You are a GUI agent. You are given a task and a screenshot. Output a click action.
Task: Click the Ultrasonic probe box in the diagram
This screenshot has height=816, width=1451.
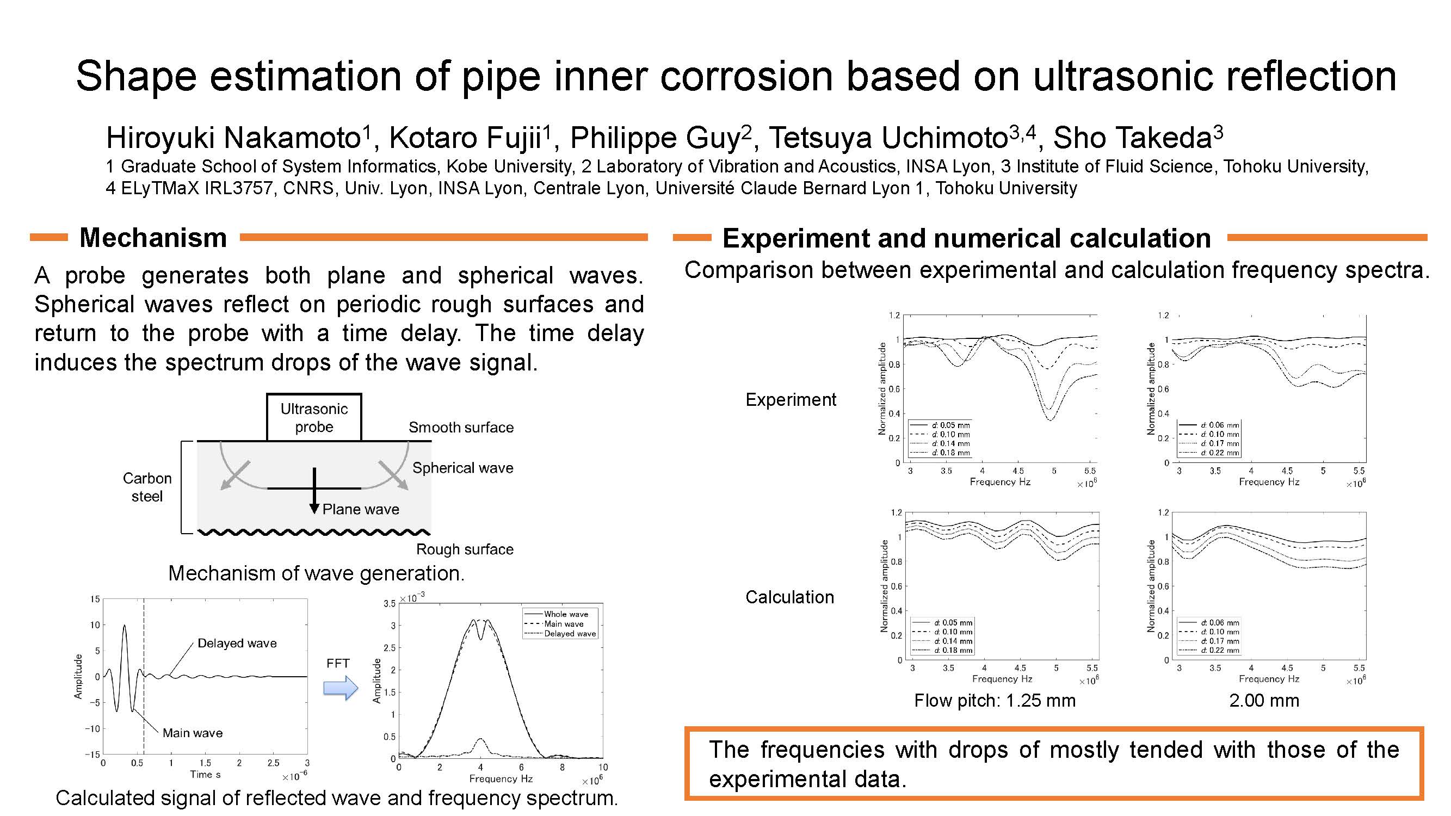click(x=314, y=417)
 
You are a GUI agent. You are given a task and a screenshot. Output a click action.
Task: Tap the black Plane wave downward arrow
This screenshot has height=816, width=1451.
click(x=314, y=491)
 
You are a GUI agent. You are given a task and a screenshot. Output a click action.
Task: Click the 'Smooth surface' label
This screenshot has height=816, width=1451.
click(x=461, y=428)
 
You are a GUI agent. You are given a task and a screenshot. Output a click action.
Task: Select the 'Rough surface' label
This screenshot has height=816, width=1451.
click(x=465, y=549)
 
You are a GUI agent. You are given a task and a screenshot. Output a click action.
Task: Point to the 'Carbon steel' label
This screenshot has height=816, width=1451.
click(x=147, y=487)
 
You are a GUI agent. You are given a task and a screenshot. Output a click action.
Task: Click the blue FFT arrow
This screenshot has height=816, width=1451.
click(x=341, y=688)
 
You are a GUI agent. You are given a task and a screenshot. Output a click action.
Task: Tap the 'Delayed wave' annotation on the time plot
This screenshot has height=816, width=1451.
click(x=237, y=643)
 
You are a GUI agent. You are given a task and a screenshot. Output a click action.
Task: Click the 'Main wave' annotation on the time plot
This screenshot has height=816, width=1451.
click(x=193, y=733)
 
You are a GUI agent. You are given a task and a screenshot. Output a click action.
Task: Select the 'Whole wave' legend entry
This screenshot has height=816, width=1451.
click(x=565, y=614)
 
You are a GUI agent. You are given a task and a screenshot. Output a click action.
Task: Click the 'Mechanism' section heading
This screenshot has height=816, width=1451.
click(x=153, y=238)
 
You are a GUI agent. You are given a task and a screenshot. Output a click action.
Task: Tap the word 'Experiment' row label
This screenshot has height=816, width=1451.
click(x=791, y=400)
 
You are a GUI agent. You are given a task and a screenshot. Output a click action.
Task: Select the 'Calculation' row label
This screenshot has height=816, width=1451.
click(x=790, y=597)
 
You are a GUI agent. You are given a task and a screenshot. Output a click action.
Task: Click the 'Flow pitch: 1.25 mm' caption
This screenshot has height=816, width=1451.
click(x=995, y=701)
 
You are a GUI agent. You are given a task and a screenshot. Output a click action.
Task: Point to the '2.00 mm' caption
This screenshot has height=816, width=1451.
click(x=1264, y=701)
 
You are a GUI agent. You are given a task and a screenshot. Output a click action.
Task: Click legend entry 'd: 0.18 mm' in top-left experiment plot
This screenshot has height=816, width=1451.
click(x=940, y=453)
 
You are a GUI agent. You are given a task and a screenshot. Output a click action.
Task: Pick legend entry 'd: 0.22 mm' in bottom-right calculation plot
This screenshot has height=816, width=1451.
click(x=1209, y=651)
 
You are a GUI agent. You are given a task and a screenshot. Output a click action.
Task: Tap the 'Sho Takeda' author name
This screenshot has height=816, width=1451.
click(x=1133, y=138)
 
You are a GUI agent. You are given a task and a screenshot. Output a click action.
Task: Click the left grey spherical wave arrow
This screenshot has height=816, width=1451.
click(x=236, y=475)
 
